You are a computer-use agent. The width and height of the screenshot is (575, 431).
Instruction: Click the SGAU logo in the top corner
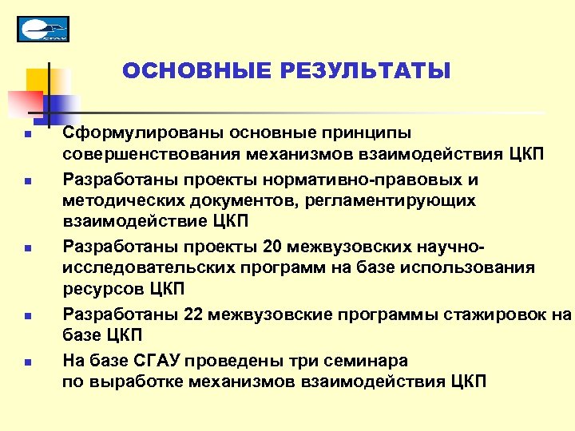pos(43,29)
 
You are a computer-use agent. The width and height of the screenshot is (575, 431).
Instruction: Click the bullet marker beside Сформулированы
pos(26,133)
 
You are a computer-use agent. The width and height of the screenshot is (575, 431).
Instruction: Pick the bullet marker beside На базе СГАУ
pos(26,362)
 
